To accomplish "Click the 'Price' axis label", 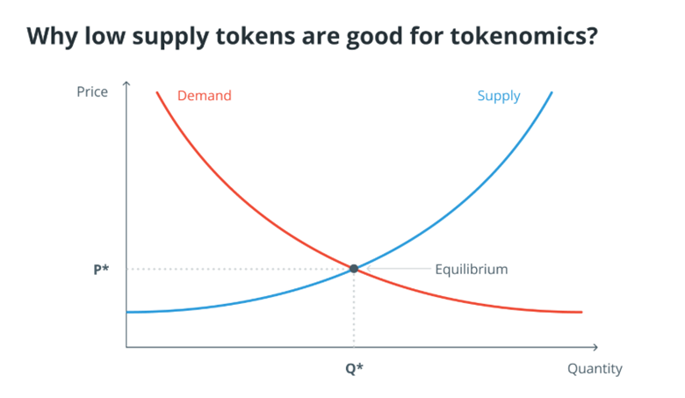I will [92, 91].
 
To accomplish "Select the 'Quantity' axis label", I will [595, 369].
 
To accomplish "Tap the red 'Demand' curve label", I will [205, 95].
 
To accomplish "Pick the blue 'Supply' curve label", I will [498, 96].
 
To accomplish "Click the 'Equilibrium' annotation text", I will [471, 269].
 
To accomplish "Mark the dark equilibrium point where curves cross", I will [354, 269].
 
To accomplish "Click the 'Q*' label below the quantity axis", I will [354, 369].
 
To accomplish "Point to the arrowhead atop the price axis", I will [126, 84].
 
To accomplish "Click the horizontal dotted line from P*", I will [237, 269].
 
